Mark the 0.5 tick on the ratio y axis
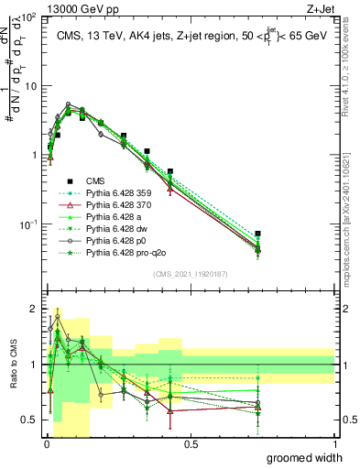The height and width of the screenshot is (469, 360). pyautogui.click(x=30, y=420)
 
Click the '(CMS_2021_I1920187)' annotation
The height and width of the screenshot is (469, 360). pyautogui.click(x=191, y=273)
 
